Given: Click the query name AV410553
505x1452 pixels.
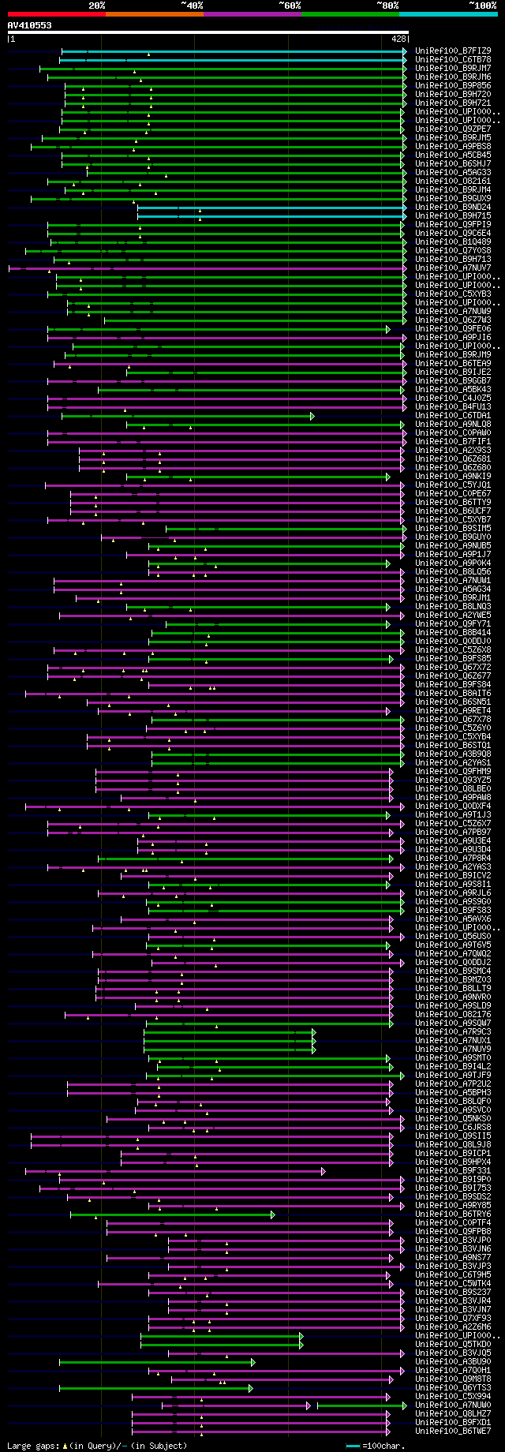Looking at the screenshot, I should coord(30,25).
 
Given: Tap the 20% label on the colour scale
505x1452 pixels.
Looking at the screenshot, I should coord(97,6).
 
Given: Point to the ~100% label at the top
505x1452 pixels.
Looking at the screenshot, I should coord(482,6).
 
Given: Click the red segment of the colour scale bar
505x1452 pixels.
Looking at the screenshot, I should coord(56,14).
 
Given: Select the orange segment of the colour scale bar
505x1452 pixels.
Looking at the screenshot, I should coord(154,14).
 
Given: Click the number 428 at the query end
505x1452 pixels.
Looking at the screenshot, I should coord(398,38).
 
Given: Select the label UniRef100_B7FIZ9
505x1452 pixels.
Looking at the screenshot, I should coord(453,51).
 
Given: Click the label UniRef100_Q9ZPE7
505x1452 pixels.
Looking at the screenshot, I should coord(453,129).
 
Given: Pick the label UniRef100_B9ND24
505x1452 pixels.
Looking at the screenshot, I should coord(453,208).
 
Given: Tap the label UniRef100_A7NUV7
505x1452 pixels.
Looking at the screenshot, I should coord(453,268).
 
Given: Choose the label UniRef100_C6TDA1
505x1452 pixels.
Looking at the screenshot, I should coord(453,416).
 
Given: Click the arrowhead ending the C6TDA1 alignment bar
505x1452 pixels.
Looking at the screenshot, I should coord(312,416).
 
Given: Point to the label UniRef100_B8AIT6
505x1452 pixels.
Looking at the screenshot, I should coord(453,694).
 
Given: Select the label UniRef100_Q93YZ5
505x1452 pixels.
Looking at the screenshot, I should coord(453,780).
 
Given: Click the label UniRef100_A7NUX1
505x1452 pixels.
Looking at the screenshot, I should coord(453,1041).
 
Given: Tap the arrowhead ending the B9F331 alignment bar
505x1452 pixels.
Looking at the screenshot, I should coord(323,1171).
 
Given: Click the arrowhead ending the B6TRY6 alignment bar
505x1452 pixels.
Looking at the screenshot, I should coord(273,1214).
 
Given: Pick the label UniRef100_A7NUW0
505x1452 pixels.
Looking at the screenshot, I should coord(453,1405).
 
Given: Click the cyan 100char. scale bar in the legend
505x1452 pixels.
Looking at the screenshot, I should coord(353,1446).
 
